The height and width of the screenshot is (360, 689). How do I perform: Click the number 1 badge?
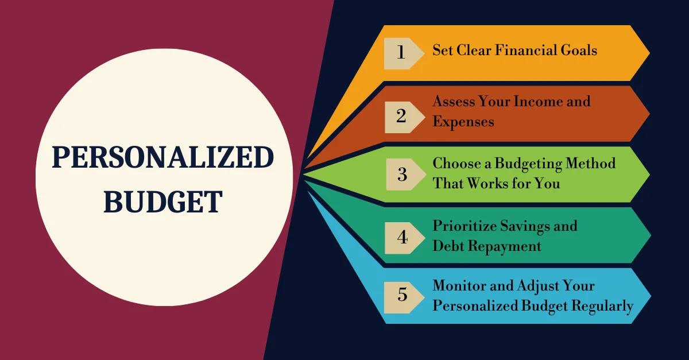click(401, 53)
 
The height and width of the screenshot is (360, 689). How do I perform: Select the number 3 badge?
click(402, 174)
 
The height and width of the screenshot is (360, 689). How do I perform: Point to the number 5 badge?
click(402, 295)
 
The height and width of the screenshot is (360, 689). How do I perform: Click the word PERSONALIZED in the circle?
click(162, 157)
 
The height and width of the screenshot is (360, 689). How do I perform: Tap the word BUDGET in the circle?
click(162, 202)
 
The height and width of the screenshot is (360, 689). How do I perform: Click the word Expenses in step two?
click(463, 122)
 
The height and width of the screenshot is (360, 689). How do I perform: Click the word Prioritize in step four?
click(463, 226)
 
